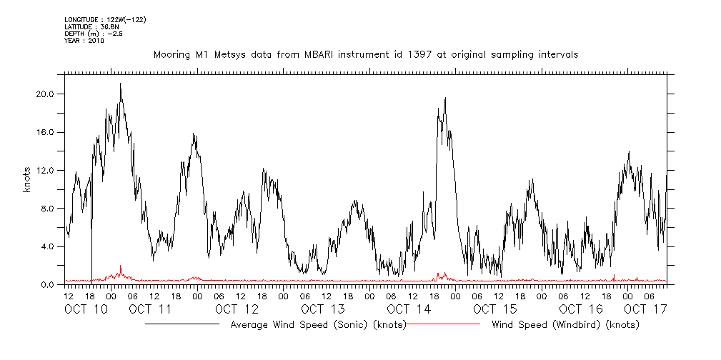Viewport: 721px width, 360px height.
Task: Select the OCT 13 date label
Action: click(323, 309)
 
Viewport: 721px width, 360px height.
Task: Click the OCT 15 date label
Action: click(494, 309)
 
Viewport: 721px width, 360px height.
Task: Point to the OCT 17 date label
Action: click(645, 309)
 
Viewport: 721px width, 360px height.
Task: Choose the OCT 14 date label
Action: click(409, 309)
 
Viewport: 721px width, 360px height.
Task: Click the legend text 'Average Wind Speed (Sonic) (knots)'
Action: click(318, 324)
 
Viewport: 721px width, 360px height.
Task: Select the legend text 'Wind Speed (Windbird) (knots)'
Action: click(565, 324)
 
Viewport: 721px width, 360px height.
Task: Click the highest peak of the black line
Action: click(120, 84)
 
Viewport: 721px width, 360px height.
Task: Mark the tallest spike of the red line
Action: click(121, 266)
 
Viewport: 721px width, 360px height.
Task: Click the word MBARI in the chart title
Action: click(303, 54)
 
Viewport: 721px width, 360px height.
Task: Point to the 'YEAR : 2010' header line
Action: click(84, 41)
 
